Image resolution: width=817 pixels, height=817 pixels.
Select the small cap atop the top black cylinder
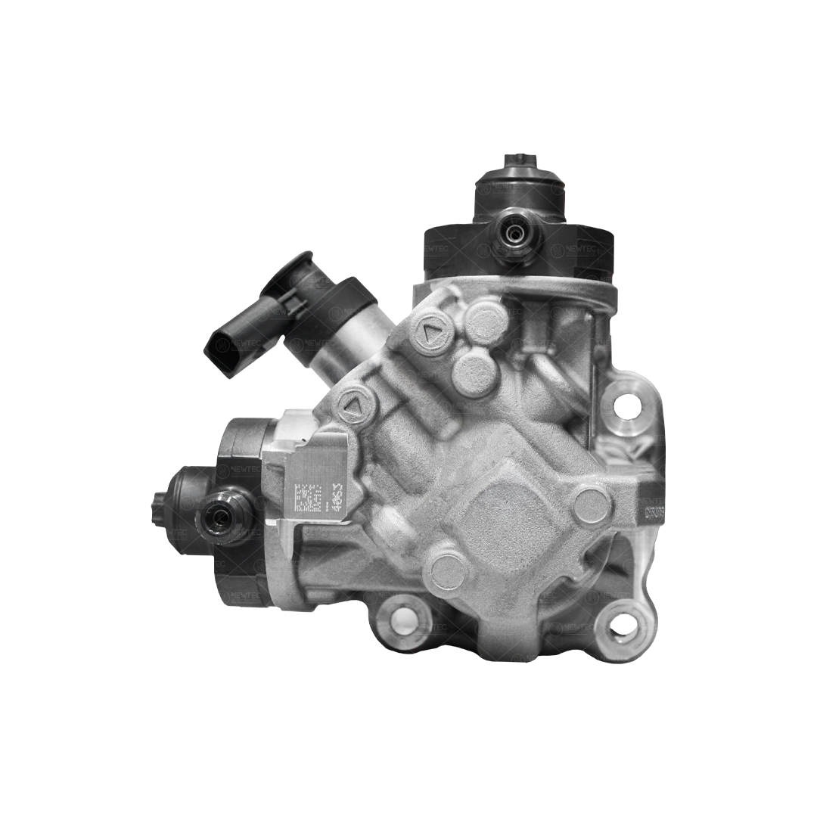point(517,163)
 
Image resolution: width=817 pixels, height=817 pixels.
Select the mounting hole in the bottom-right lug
point(621,623)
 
